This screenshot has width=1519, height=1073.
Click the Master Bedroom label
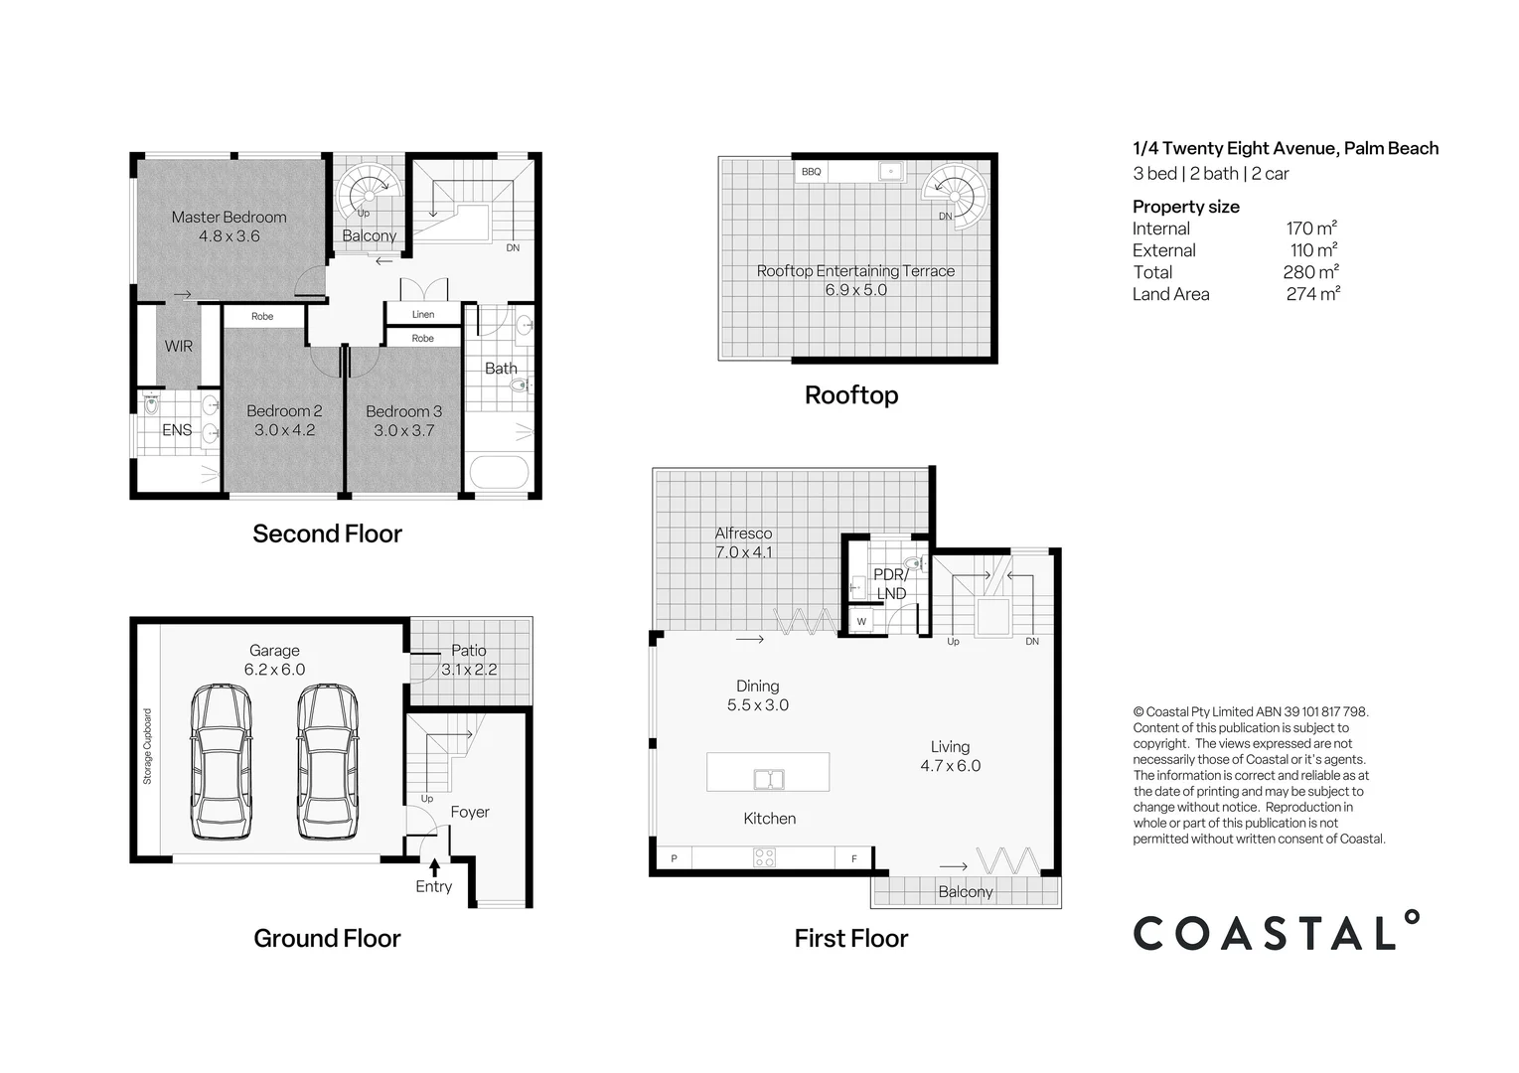coord(228,217)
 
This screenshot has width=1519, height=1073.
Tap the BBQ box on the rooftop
coord(811,172)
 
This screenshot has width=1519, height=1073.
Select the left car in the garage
coord(222,761)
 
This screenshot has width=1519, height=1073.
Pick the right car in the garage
coord(328,761)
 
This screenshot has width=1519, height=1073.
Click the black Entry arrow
coord(434,868)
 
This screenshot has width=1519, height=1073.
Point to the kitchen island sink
coord(769,779)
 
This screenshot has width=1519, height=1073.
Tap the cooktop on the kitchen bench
coord(764,858)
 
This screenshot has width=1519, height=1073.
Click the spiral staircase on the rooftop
coord(954,197)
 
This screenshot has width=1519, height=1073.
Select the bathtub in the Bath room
coord(499,472)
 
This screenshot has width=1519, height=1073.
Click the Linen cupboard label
coord(423,314)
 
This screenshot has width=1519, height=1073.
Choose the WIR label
coord(179,346)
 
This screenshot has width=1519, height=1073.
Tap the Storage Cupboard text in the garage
coord(147,746)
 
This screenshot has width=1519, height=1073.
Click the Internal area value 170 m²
coord(1311,228)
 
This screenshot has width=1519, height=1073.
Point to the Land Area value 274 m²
coord(1312,294)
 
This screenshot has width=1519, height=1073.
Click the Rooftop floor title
coord(851,394)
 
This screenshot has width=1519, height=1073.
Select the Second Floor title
coord(327,534)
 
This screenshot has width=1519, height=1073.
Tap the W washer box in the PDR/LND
coord(862,621)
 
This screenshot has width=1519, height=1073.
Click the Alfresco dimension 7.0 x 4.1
coord(743,552)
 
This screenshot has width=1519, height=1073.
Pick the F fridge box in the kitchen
coord(853,858)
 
